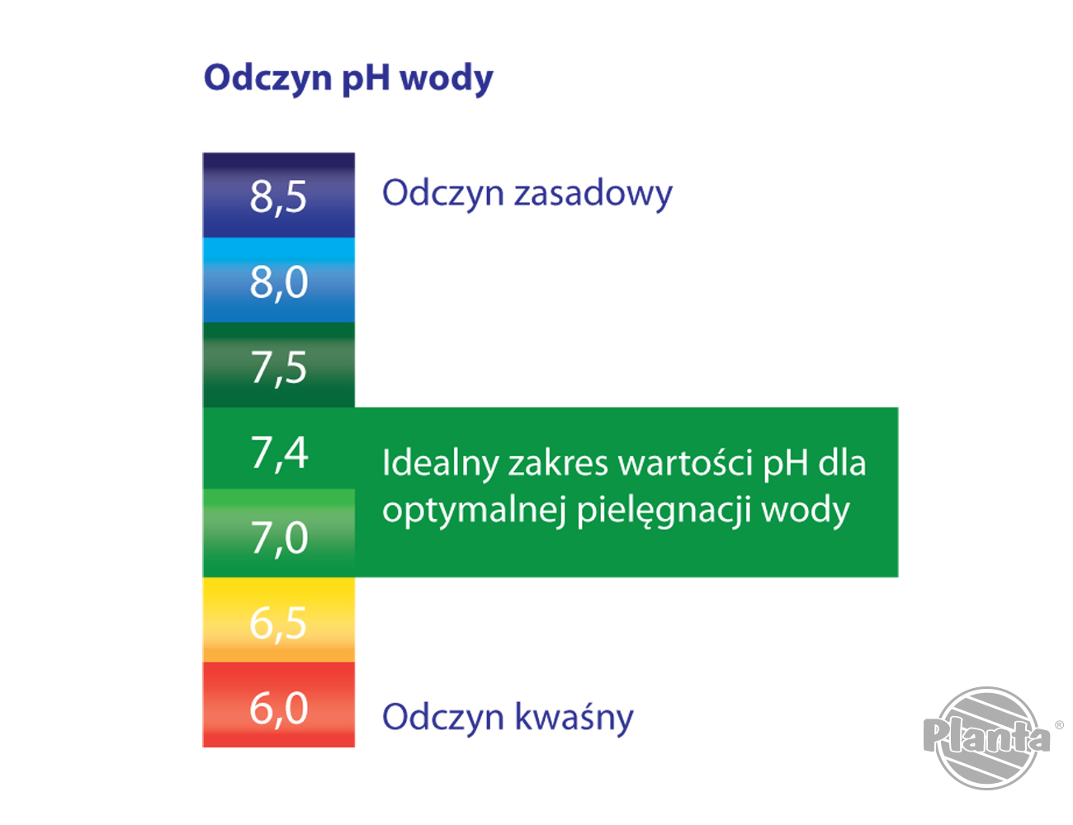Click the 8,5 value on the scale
click(x=278, y=196)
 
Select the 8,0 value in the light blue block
click(x=278, y=281)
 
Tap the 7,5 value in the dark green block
click(x=278, y=367)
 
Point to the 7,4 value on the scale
click(x=278, y=452)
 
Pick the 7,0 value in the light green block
click(x=278, y=538)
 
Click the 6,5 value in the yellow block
click(x=278, y=623)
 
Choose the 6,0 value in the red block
click(x=278, y=708)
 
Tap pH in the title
click(x=366, y=79)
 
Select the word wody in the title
click(x=446, y=79)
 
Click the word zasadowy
click(x=593, y=194)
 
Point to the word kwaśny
click(x=574, y=716)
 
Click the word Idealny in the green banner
click(x=441, y=463)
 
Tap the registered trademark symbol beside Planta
click(x=1059, y=725)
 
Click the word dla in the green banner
click(x=842, y=463)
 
